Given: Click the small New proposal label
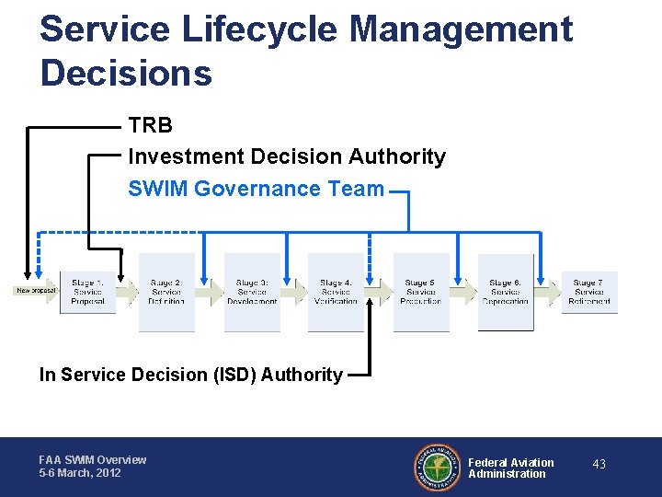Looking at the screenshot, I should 36,291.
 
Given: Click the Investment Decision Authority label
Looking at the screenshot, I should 286,157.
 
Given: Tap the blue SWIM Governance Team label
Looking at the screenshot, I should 256,189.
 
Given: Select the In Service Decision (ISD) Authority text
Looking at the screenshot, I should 190,375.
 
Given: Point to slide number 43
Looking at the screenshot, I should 599,465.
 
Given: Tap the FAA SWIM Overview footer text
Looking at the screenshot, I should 92,459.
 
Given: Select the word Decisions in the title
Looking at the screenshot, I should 126,74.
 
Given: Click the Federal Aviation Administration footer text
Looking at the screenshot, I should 510,468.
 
